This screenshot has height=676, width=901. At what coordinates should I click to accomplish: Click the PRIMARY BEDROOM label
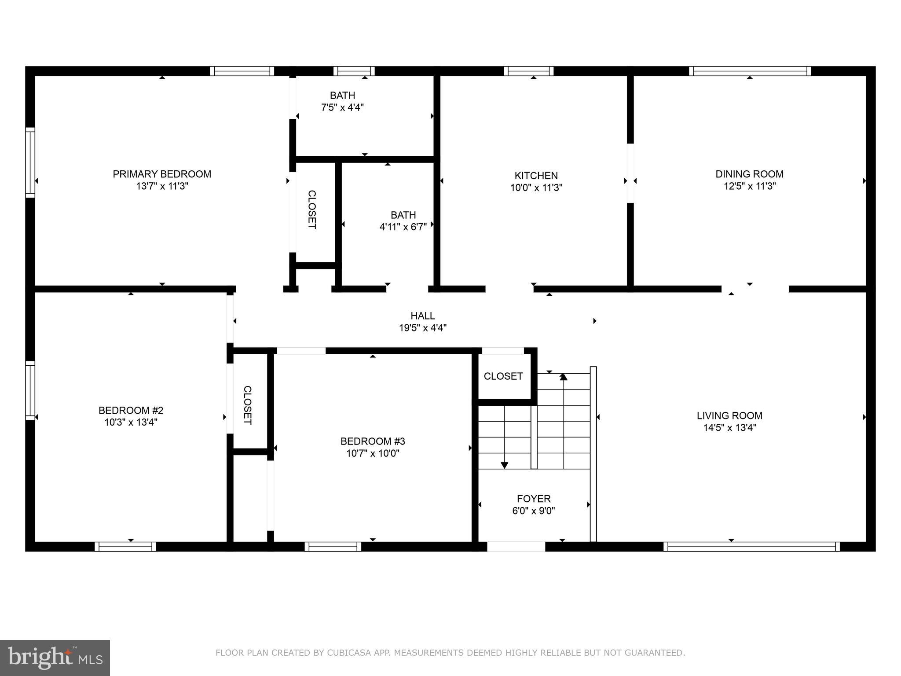coord(162,174)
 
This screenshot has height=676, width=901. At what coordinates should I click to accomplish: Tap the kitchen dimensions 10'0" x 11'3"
coord(536,188)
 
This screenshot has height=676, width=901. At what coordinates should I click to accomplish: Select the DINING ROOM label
coord(749,174)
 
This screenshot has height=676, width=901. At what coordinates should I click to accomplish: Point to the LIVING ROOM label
coord(729,415)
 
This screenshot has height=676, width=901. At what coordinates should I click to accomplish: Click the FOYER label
coord(534,499)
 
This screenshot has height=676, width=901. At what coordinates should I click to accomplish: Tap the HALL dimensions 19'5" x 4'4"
coord(423,328)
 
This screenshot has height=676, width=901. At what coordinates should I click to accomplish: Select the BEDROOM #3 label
coord(373,441)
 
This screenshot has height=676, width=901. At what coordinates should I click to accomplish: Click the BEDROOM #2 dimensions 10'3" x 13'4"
coord(131,422)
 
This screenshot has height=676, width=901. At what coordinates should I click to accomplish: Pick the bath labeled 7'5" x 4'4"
coord(342,101)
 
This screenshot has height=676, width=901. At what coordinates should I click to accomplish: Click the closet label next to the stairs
coord(503,376)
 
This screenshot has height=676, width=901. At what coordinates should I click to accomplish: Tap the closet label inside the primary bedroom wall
coord(311,209)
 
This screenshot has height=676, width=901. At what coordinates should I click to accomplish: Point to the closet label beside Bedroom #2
coord(248,405)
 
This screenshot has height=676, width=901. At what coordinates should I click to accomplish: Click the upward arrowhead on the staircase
coord(563,377)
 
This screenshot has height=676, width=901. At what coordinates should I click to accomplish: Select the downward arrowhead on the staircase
coord(505,465)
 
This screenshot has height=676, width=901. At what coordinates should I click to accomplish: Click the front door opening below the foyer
coord(516,547)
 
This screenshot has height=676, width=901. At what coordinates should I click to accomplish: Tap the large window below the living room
coord(751,547)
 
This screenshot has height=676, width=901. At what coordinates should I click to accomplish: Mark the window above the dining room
coord(750,71)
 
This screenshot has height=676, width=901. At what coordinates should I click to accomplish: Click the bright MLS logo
coord(55,658)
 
